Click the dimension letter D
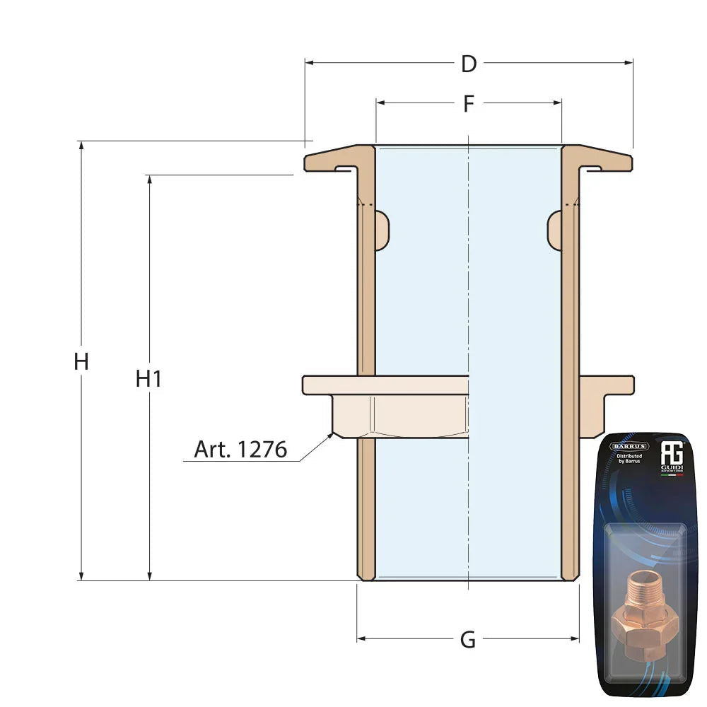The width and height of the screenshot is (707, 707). click(x=468, y=64)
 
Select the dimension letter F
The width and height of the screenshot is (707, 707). click(x=468, y=104)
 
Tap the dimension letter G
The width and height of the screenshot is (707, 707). click(x=467, y=640)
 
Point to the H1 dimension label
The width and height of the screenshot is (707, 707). click(x=149, y=379)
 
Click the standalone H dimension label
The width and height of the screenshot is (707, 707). click(x=81, y=362)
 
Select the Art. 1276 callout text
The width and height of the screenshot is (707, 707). click(x=240, y=450)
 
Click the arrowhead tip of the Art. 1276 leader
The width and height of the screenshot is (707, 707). click(x=332, y=434)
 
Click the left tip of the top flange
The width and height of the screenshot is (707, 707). click(x=307, y=163)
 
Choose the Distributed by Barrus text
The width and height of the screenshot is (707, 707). click(x=629, y=460)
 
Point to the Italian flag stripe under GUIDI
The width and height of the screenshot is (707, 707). click(x=672, y=475)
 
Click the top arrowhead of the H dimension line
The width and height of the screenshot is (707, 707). click(x=81, y=144)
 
